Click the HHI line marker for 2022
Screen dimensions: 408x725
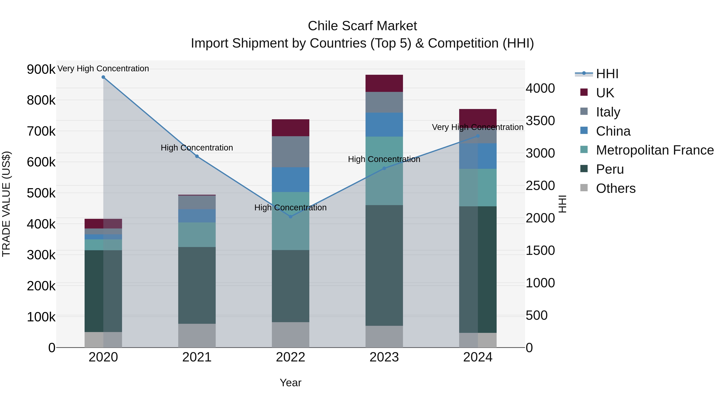tap(290, 217)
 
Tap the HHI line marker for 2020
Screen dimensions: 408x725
tap(103, 77)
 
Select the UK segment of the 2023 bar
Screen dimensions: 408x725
tap(384, 83)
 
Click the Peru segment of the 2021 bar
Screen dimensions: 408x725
tap(197, 285)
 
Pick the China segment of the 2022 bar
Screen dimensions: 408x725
tap(290, 180)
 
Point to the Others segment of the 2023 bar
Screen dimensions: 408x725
tap(384, 336)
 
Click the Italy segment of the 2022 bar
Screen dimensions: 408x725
tap(290, 152)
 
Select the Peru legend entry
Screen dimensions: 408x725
tap(610, 169)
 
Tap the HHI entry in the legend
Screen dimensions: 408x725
tap(607, 74)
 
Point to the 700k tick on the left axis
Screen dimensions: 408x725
tap(41, 131)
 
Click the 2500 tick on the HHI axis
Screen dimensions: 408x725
tap(540, 186)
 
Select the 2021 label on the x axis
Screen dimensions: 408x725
tap(197, 357)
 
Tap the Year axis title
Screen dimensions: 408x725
tap(290, 383)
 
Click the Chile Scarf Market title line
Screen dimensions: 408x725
tap(362, 26)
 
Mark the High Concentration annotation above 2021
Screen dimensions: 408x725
tap(197, 148)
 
